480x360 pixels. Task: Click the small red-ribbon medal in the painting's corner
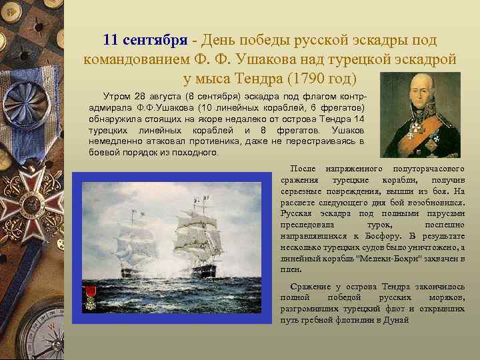point(90,294)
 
